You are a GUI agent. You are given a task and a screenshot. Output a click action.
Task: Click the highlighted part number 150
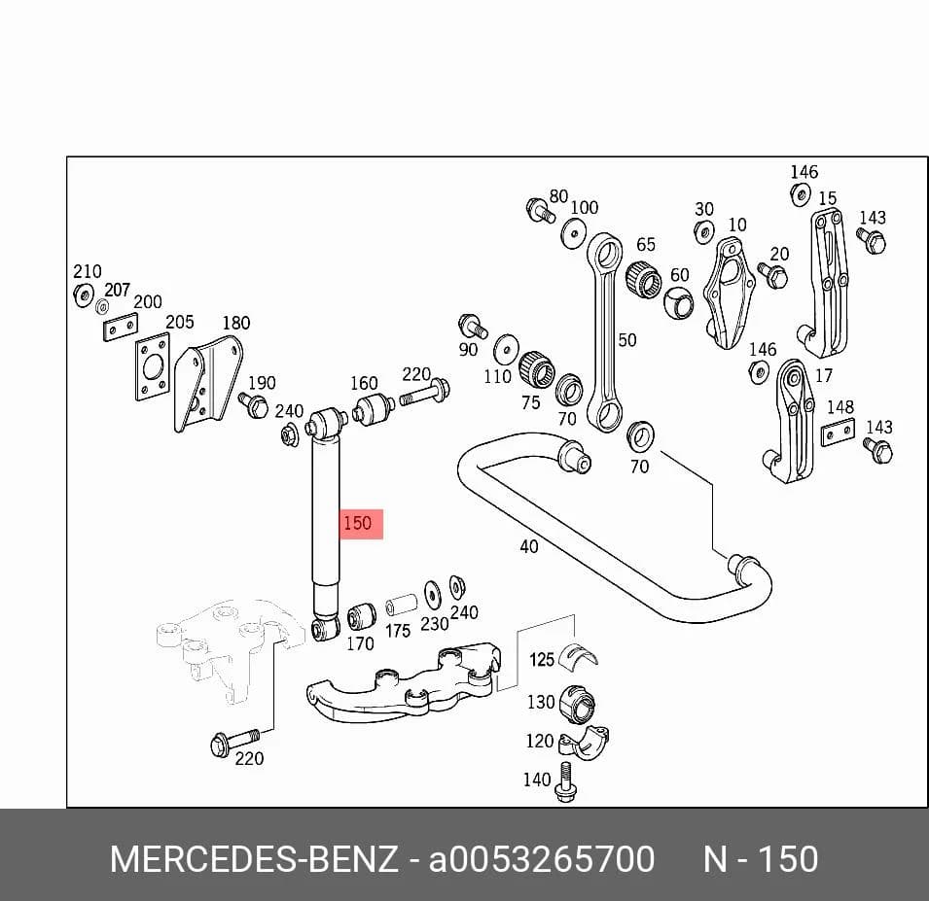[x=357, y=523]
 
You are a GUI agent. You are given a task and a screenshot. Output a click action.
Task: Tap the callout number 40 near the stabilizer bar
[x=529, y=546]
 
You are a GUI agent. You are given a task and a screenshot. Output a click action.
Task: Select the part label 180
[x=235, y=324]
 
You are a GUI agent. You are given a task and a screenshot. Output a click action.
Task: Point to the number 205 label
[x=180, y=322]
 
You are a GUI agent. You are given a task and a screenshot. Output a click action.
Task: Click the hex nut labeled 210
[x=84, y=295]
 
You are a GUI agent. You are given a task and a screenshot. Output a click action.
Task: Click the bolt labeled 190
[x=254, y=405]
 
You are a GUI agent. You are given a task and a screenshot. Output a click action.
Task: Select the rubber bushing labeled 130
[x=578, y=704]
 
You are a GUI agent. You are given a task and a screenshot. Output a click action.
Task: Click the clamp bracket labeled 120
[x=585, y=744]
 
